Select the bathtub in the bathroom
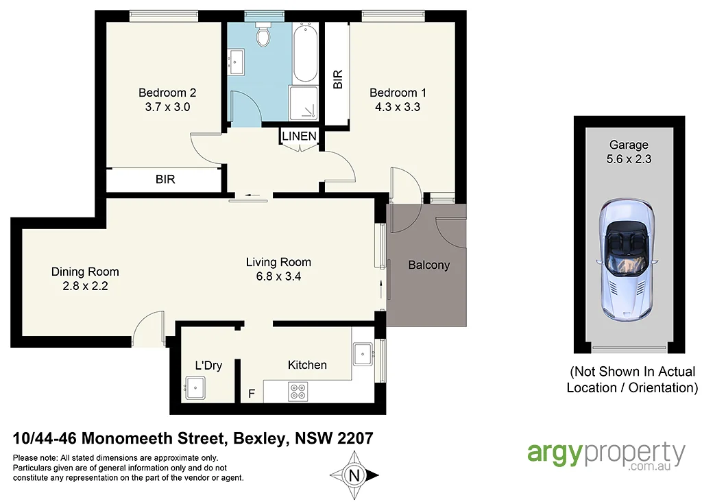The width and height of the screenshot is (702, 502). click(304, 52)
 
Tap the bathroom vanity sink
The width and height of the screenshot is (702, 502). click(238, 62)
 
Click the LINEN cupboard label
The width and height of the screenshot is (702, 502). click(299, 136)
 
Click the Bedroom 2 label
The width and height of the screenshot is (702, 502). click(168, 93)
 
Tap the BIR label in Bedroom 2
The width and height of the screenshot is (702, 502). click(165, 180)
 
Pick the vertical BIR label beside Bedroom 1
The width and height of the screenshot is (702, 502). click(337, 80)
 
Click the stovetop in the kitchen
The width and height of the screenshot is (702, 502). click(298, 392)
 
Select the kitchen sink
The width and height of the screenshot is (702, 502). click(362, 355)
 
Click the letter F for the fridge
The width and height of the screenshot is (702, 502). click(252, 395)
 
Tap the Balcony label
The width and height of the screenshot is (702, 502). click(428, 265)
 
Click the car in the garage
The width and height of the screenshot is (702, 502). click(627, 261)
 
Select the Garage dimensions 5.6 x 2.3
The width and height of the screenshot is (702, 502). click(629, 159)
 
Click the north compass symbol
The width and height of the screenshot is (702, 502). click(354, 475)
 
